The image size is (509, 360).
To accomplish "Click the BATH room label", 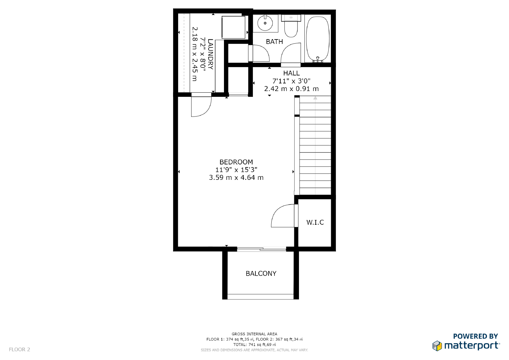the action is tap(274, 42).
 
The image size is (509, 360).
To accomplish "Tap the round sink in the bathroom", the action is tap(265, 23).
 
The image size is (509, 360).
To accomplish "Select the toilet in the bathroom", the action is tap(291, 26).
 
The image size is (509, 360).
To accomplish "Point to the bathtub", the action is tap(318, 39).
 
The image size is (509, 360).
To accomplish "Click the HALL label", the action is tap(291, 73).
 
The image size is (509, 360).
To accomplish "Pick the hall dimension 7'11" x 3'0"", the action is tap(291, 81).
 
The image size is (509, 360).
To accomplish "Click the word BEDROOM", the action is tap(236, 162).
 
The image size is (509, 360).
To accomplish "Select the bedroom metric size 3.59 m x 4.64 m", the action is tap(236, 177).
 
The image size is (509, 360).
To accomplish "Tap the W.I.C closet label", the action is tap(315, 222).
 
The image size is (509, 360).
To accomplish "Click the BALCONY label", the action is tap(261, 273).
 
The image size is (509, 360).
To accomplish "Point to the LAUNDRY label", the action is tap(210, 54).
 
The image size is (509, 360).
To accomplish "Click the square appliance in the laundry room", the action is tap(234, 27).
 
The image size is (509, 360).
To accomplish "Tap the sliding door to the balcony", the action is tap(261, 249).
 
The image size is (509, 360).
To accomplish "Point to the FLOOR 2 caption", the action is tap(19, 349).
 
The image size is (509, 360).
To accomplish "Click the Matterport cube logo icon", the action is tap(437, 346).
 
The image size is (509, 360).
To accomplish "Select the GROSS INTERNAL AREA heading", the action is tap(254, 334).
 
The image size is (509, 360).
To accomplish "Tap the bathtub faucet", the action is tap(318, 60).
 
